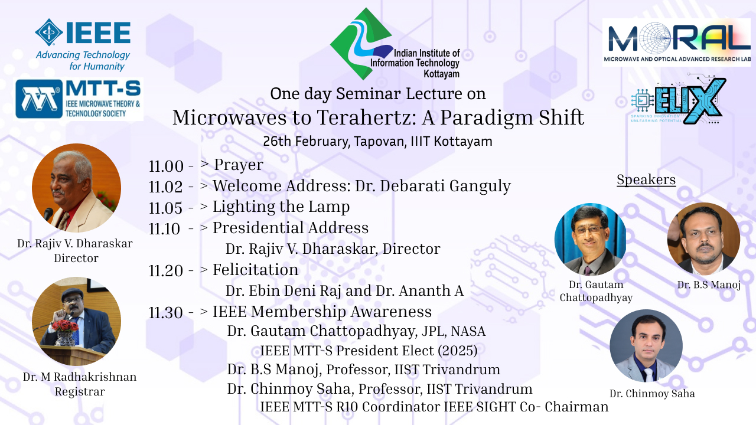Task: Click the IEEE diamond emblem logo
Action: [49, 32]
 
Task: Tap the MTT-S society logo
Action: [79, 99]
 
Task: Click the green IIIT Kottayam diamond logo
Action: [361, 44]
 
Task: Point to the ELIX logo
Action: [679, 100]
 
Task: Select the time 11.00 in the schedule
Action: [166, 166]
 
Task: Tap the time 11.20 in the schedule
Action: [166, 270]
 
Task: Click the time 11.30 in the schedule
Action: [166, 312]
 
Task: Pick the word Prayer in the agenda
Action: [239, 165]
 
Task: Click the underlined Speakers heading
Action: [646, 180]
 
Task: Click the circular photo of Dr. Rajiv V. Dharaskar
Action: [76, 188]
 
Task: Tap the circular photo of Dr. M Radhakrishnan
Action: [76, 321]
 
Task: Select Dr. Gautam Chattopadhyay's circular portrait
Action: [590, 239]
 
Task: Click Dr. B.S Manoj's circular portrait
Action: [703, 238]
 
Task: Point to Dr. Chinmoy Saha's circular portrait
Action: [646, 346]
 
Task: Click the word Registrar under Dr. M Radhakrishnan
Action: [80, 392]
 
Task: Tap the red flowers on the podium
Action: [65, 326]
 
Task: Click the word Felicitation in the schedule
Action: [256, 270]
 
